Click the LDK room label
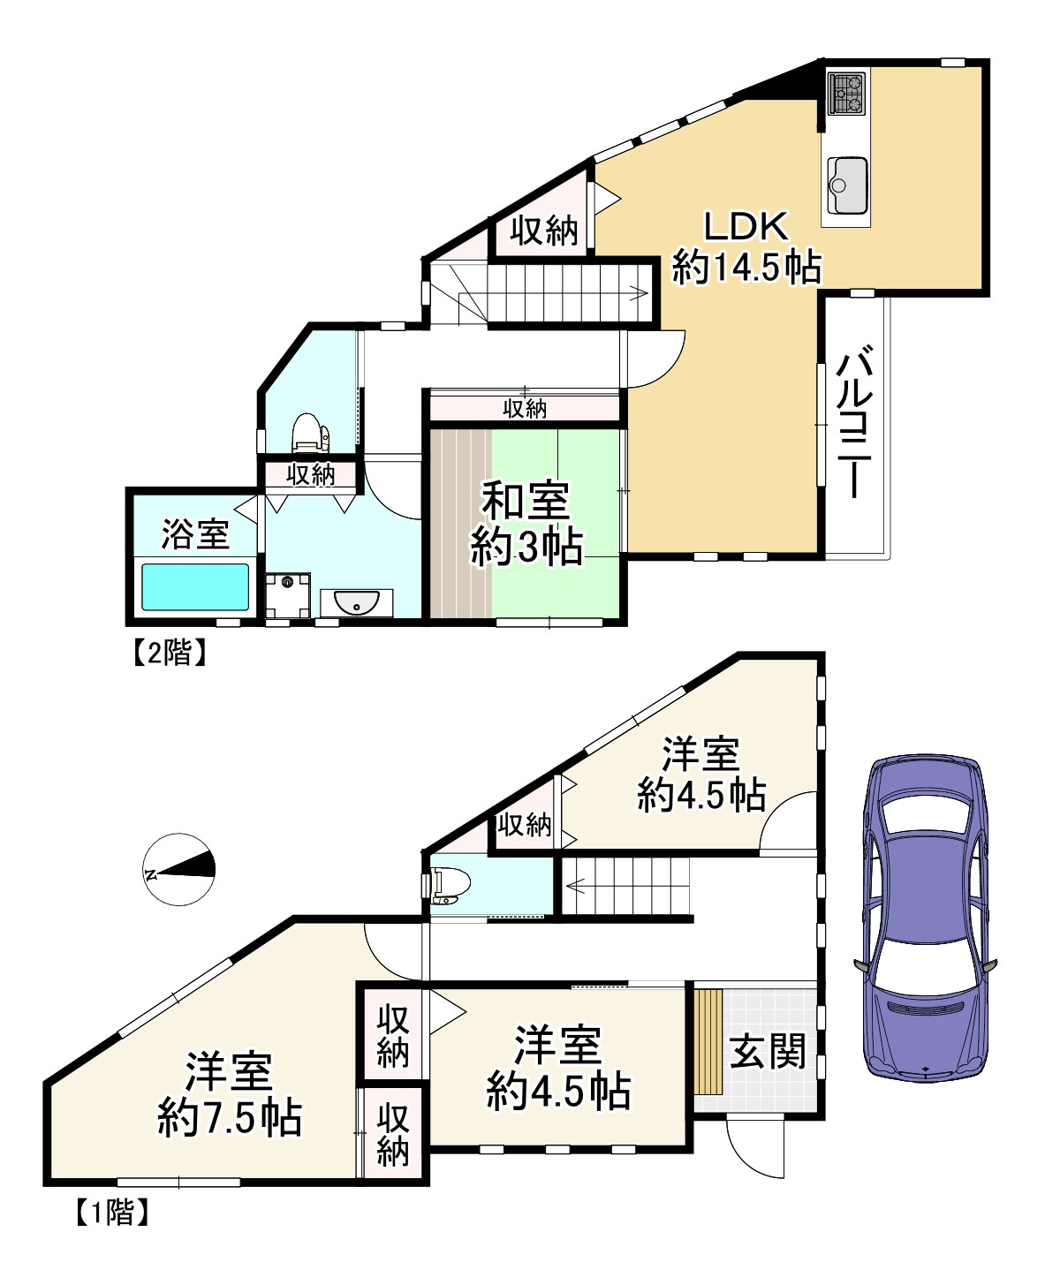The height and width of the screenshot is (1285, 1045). [x=746, y=226]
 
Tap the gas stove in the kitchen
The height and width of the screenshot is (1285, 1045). [x=846, y=93]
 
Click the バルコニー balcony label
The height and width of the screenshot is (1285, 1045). [x=857, y=421]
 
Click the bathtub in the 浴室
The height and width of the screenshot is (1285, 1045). [x=195, y=586]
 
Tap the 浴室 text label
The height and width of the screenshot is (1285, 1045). [x=195, y=534]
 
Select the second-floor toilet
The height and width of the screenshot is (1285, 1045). [x=310, y=432]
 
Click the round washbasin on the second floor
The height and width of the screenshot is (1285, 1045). [x=356, y=601]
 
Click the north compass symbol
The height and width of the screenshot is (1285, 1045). [x=178, y=870]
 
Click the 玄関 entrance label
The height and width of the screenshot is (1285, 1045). [x=768, y=1051]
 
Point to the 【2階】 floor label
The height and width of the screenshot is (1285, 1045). [x=170, y=653]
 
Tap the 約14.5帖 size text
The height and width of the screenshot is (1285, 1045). [x=746, y=266]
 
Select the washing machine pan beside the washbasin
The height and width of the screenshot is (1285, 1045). [x=288, y=595]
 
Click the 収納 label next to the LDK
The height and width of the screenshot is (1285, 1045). [x=543, y=231]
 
